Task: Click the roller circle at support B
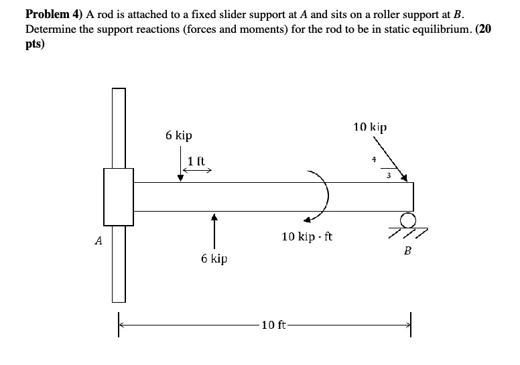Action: [406, 219]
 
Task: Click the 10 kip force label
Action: [370, 127]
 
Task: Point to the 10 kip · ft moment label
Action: [308, 236]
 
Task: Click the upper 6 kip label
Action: [179, 135]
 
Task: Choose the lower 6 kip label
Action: [214, 258]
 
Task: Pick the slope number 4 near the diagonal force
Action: [374, 159]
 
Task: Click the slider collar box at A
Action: [119, 197]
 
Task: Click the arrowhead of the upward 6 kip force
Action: [214, 216]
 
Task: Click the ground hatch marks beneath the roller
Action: [408, 232]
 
